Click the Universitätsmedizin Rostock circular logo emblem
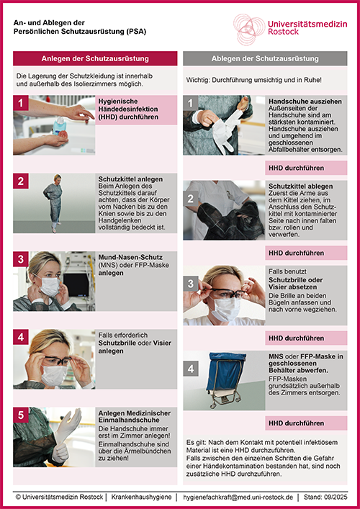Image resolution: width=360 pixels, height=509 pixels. click(249, 30)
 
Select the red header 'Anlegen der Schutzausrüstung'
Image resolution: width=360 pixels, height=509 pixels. click(95, 58)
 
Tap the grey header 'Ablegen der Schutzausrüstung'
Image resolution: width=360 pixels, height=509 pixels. click(265, 58)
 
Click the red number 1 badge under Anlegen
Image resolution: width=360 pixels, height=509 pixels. click(21, 103)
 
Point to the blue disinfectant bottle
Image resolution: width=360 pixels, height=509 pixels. click(60, 126)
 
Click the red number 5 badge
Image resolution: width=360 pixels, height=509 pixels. click(21, 415)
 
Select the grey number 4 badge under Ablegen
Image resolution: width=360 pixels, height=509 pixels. click(191, 369)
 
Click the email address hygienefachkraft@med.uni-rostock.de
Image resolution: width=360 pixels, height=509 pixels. click(238, 497)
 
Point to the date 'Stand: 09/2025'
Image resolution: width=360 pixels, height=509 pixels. click(325, 497)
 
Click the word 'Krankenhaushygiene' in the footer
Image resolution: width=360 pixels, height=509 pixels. click(141, 497)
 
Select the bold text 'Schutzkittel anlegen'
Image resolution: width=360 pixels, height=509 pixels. click(130, 179)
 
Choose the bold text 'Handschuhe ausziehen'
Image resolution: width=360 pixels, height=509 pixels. click(305, 102)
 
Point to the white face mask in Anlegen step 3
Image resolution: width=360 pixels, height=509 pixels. click(50, 287)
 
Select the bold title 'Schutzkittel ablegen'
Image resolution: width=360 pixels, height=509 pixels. click(300, 186)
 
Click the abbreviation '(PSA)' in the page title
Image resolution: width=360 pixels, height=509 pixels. click(137, 32)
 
